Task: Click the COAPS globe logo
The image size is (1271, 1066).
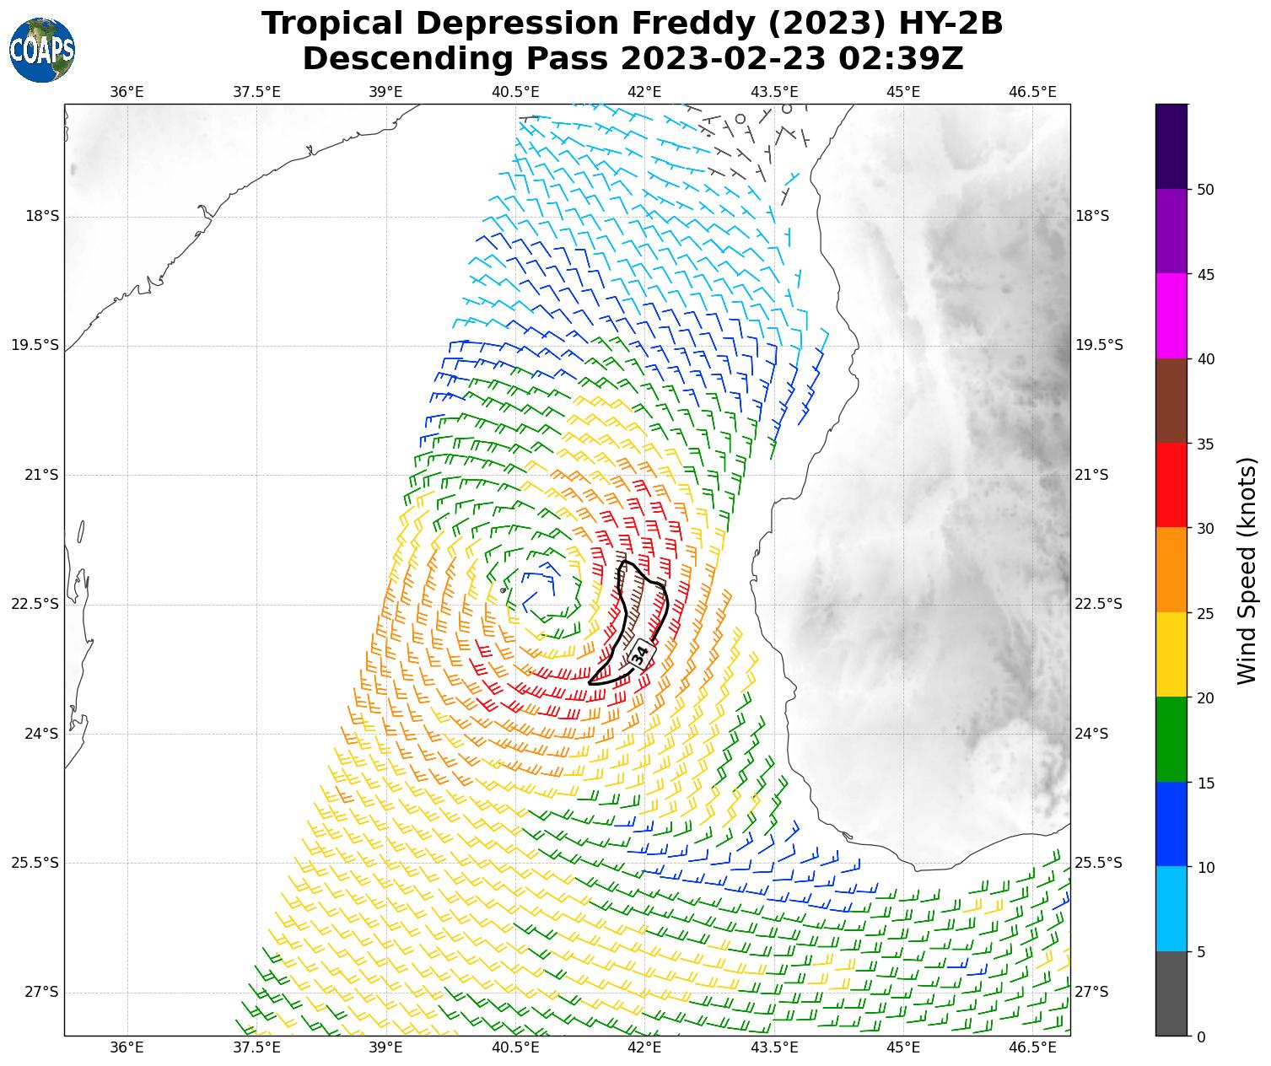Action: [42, 50]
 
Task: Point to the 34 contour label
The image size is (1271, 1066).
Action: [640, 654]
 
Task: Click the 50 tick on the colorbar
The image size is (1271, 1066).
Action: [1206, 189]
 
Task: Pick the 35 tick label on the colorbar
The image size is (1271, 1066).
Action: [1206, 444]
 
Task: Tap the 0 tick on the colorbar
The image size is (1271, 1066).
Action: [1202, 1036]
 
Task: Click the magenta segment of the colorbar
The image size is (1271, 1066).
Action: [1171, 315]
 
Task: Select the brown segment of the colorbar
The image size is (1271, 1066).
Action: [1171, 401]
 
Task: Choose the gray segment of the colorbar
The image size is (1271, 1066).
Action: [1171, 993]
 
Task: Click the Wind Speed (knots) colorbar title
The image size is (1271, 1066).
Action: [1246, 570]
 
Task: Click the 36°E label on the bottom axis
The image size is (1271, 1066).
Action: [127, 1047]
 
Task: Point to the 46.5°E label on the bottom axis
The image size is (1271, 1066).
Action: [1032, 1047]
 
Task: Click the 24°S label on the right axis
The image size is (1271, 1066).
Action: [1092, 734]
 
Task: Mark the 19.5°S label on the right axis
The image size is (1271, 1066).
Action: [1099, 346]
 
